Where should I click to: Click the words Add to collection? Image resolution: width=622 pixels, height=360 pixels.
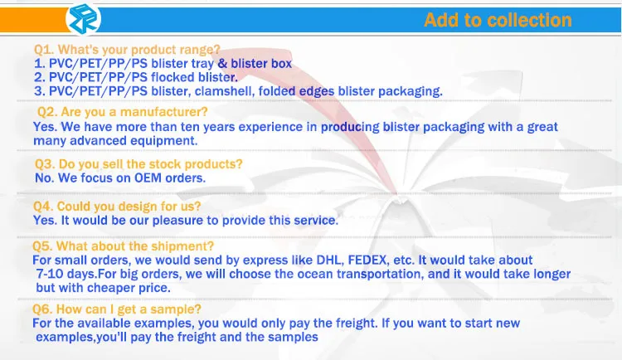pos(498,20)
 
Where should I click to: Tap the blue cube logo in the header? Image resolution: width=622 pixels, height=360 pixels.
pos(83,18)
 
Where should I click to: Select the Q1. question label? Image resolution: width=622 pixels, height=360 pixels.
pos(44,50)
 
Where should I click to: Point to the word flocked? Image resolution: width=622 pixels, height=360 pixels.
pos(173,77)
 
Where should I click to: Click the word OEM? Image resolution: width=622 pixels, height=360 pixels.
pos(148,178)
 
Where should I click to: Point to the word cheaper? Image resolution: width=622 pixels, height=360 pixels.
pos(110,288)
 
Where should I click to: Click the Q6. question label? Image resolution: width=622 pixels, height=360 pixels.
pos(42,309)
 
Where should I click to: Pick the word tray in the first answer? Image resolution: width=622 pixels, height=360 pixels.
pos(202,64)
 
